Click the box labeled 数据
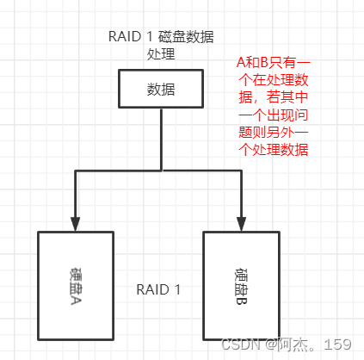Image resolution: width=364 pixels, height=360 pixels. click(161, 89)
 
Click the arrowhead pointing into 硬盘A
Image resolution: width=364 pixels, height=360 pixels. click(77, 223)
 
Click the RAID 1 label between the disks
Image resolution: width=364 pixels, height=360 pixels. click(158, 289)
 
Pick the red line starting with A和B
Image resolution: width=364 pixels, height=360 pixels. click(275, 65)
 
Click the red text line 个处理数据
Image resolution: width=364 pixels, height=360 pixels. click(275, 151)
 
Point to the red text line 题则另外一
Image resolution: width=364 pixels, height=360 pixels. click(275, 133)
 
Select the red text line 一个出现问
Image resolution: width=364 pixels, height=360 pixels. click(275, 116)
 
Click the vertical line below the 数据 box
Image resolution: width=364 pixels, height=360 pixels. click(161, 138)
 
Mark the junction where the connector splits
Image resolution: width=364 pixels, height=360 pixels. click(161, 171)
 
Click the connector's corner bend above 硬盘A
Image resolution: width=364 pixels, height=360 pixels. click(77, 171)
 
